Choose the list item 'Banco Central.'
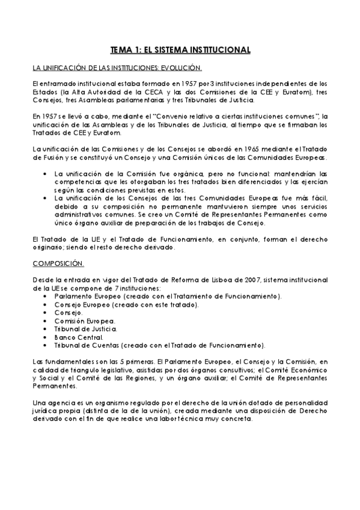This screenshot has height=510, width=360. [x=78, y=337]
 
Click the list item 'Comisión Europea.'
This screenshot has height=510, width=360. [x=84, y=321]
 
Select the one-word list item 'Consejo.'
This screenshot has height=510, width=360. [x=68, y=313]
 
